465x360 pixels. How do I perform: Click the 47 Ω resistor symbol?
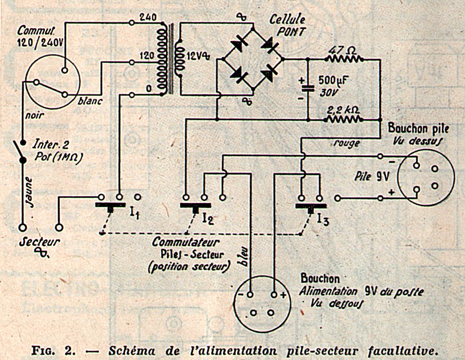[x=344, y=59]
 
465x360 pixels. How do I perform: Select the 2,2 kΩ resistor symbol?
[x=344, y=119]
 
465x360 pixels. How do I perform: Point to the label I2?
[x=207, y=219]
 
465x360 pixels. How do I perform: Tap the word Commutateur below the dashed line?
[x=186, y=243]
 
